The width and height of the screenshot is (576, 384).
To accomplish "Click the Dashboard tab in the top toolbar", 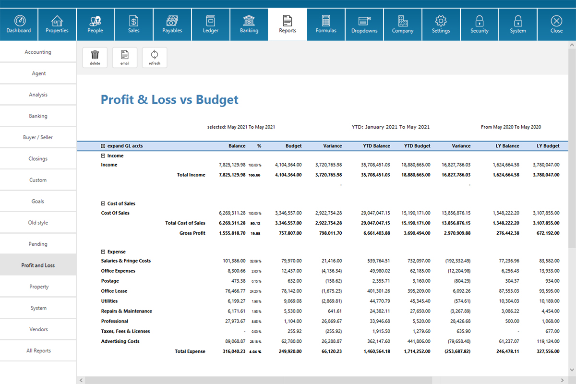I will pyautogui.click(x=19, y=24).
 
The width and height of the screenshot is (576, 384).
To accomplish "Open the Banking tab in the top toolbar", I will pyautogui.click(x=249, y=24).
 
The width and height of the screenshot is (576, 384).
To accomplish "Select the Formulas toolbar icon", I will pyautogui.click(x=326, y=24).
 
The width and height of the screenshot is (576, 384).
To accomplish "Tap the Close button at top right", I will pyautogui.click(x=556, y=24).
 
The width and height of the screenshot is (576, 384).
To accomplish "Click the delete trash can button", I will pyautogui.click(x=95, y=57).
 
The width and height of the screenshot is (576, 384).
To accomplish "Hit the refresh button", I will pyautogui.click(x=155, y=57).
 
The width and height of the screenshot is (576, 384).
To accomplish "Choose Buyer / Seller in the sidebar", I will pyautogui.click(x=38, y=137).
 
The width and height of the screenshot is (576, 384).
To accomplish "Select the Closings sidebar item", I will pyautogui.click(x=38, y=159).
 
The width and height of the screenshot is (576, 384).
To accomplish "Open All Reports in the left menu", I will pyautogui.click(x=38, y=351).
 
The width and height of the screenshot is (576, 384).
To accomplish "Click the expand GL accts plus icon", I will pyautogui.click(x=103, y=146).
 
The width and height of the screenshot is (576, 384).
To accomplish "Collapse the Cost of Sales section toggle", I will pyautogui.click(x=103, y=204).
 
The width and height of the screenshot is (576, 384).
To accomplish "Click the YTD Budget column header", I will pyautogui.click(x=417, y=146).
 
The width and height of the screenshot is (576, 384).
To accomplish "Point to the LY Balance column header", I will pyautogui.click(x=507, y=146).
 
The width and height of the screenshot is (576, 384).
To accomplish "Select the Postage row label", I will pyautogui.click(x=110, y=281).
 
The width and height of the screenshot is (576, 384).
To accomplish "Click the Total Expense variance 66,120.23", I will pyautogui.click(x=329, y=351).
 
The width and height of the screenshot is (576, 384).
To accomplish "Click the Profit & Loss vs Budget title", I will pyautogui.click(x=169, y=100).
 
